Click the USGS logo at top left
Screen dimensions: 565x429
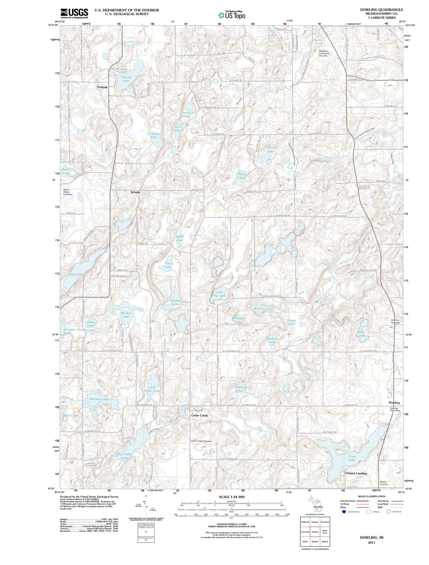click(x=74, y=13)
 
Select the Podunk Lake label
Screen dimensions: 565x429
click(x=126, y=79)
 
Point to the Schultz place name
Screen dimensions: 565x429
click(x=135, y=192)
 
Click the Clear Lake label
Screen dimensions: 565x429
click(x=352, y=458)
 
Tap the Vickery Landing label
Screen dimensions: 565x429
click(x=356, y=473)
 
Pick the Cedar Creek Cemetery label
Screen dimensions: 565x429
click(x=201, y=441)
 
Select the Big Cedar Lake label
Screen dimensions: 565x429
click(x=124, y=456)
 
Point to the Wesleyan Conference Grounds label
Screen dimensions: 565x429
click(x=324, y=53)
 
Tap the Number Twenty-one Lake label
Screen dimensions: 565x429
click(x=78, y=331)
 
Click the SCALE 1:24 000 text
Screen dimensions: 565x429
click(x=231, y=497)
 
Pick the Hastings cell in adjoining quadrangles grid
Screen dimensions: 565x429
click(x=315, y=522)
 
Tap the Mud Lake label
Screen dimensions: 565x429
click(x=361, y=334)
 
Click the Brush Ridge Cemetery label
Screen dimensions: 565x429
click(x=68, y=192)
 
